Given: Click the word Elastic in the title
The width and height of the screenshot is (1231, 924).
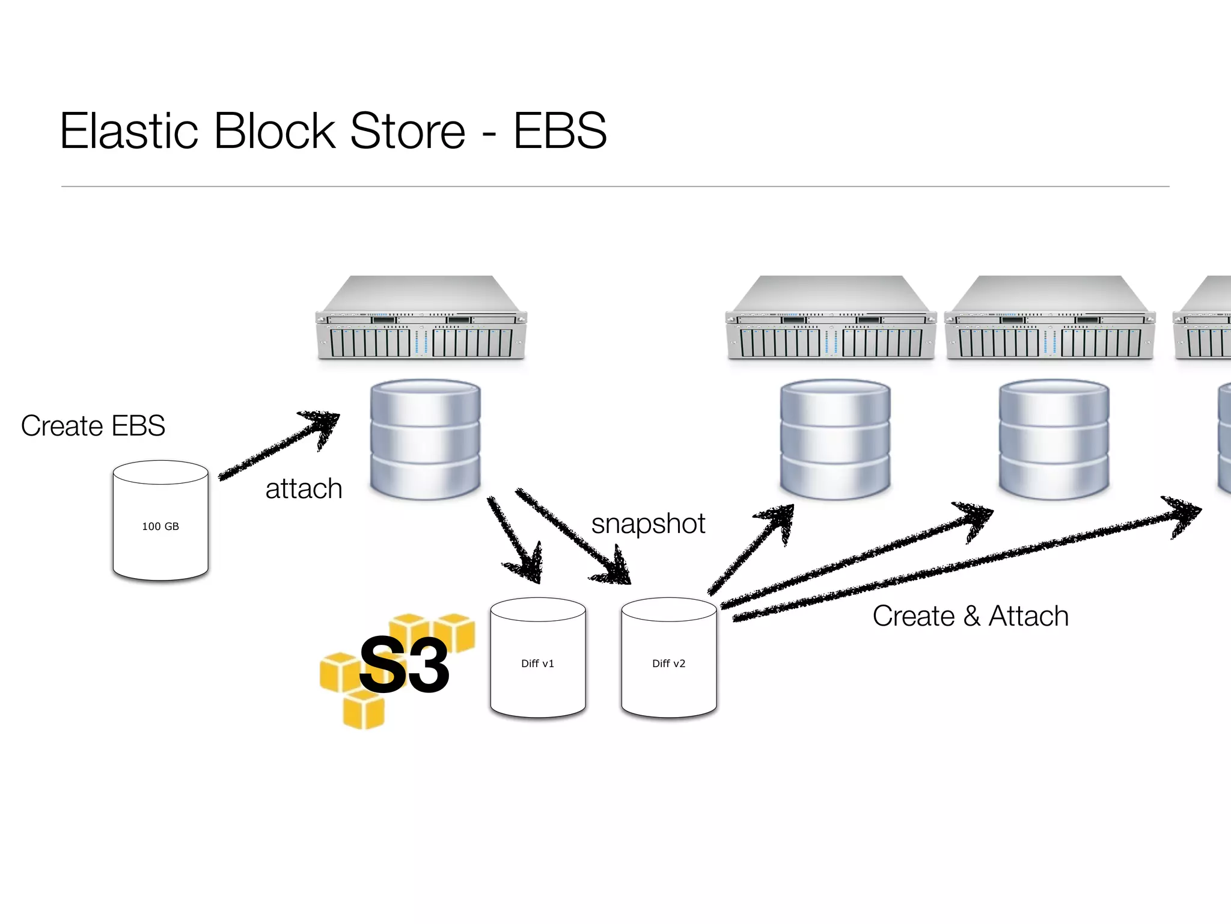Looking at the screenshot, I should click(x=129, y=131).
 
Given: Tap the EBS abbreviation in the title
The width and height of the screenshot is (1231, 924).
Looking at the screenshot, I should click(x=560, y=131).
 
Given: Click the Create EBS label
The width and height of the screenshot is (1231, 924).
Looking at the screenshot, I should click(x=93, y=426).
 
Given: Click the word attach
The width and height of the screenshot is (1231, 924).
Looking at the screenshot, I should click(x=304, y=488).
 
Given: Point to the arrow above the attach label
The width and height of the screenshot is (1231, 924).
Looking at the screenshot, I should click(x=279, y=446).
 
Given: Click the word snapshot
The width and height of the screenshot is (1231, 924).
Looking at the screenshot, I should click(x=648, y=523).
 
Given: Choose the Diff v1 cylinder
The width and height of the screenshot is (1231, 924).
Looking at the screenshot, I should click(x=538, y=659).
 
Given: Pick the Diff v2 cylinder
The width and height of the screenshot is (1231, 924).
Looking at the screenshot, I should click(x=669, y=659).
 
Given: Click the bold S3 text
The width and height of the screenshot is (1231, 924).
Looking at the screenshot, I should click(x=404, y=665).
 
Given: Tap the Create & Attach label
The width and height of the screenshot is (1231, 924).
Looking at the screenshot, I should click(x=970, y=616).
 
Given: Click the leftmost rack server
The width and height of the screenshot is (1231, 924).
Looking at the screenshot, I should click(x=421, y=319).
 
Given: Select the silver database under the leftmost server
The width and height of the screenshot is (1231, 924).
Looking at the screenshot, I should click(x=426, y=439).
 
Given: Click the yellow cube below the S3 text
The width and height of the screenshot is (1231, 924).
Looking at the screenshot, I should click(x=363, y=710).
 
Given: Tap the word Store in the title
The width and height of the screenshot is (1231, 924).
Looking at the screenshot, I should click(x=407, y=131).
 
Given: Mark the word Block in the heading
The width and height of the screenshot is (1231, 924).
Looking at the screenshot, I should click(x=274, y=131).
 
